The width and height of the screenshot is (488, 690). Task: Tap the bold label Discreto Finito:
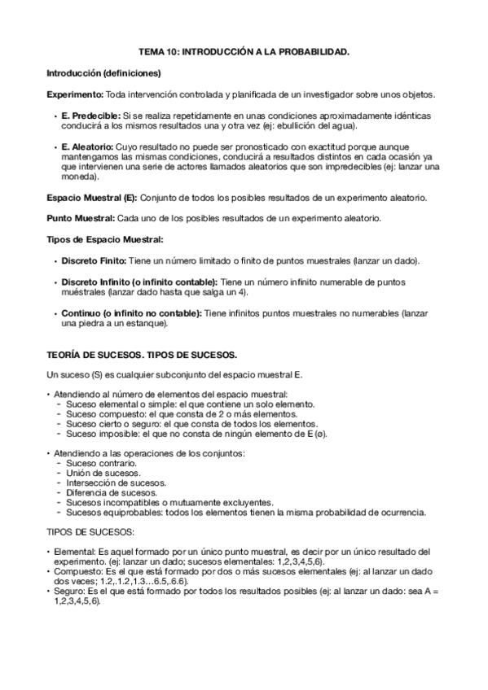tap(94, 260)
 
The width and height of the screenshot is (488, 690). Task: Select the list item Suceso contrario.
tap(101, 463)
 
